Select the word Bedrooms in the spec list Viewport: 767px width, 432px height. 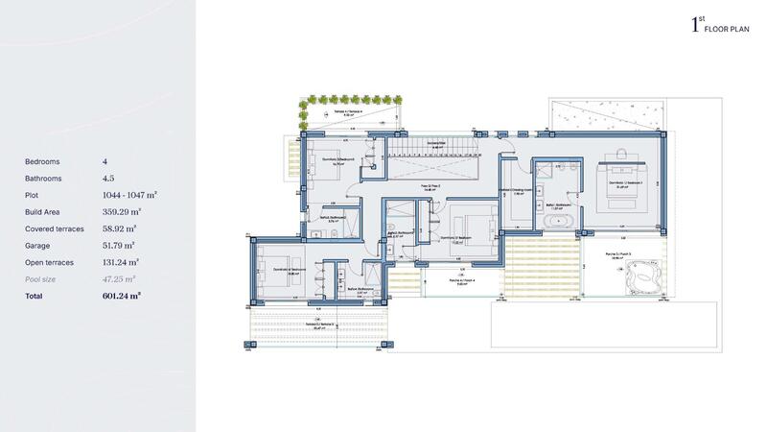pos(43,161)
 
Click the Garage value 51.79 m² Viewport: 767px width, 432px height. pos(122,246)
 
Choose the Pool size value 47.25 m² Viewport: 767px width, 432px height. pos(122,278)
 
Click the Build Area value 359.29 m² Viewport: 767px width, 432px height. pos(122,212)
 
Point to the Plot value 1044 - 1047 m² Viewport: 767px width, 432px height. pos(129,195)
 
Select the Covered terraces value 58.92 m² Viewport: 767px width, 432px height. pos(122,228)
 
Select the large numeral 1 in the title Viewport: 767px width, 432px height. pos(695,26)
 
